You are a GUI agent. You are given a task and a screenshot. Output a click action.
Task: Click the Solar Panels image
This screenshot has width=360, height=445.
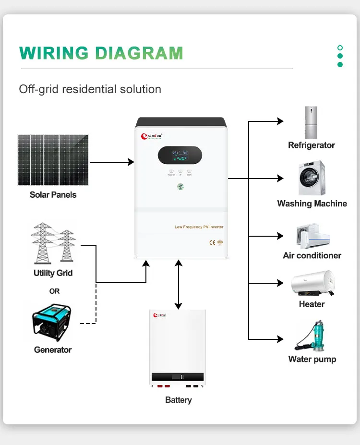53,160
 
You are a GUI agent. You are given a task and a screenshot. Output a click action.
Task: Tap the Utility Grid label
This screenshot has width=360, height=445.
53,273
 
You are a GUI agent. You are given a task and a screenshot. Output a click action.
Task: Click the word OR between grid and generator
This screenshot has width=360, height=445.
54,291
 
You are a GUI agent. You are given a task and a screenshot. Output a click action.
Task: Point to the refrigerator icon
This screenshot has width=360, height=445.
311,122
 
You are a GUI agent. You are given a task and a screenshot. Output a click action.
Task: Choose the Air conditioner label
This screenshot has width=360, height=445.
312,255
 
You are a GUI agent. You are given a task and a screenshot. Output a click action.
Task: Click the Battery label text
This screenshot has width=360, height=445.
178,400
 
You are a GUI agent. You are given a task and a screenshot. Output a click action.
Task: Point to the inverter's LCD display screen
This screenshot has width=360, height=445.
180,155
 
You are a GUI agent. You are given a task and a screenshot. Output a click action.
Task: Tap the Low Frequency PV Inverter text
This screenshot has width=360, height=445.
199,227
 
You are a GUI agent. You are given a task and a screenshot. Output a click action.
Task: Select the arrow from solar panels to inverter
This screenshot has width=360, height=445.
111,162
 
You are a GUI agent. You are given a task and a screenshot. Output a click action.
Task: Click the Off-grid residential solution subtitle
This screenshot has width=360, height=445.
90,89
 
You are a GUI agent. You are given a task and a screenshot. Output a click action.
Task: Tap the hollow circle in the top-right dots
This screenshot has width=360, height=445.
340,48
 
